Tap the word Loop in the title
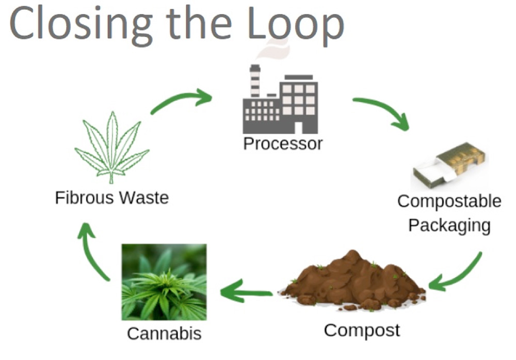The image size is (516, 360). coord(296,26)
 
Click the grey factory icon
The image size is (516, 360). coord(280,99)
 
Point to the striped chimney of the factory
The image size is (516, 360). coord(255,81)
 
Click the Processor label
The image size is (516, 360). coord(283,144)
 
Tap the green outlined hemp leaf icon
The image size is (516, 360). coord(112,147)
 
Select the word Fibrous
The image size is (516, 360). coord(85,198)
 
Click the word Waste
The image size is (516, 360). coord(144,198)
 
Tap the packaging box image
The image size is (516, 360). coord(450,166)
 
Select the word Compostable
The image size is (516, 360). coord(449,201)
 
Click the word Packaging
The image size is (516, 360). coord(449,226)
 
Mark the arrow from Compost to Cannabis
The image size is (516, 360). coord(246,291)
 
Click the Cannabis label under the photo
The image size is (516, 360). coord(164,333)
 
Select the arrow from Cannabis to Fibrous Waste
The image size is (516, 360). coord(89,254)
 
